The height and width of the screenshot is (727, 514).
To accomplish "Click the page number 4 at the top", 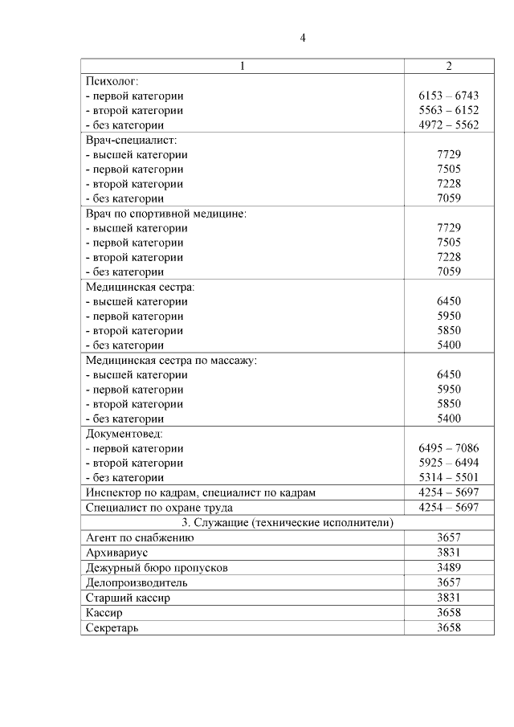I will [303, 38].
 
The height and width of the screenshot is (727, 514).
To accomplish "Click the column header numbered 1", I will [243, 66].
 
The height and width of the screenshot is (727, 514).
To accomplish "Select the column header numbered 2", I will [449, 66].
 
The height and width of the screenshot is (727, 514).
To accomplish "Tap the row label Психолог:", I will [112, 81].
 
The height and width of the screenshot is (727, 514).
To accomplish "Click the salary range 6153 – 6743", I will [449, 96].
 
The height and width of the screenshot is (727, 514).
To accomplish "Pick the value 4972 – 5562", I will [449, 125].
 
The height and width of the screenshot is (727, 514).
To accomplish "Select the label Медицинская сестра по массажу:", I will [171, 360].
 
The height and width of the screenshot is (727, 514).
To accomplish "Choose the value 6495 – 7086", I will [449, 448].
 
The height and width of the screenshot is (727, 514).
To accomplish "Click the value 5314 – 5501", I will [449, 477].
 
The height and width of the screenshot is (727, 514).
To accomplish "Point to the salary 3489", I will [449, 567].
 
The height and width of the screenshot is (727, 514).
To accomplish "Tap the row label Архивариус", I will [117, 553].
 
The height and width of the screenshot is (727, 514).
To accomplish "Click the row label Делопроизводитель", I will [137, 582].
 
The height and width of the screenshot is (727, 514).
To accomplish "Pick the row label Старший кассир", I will [128, 598].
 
